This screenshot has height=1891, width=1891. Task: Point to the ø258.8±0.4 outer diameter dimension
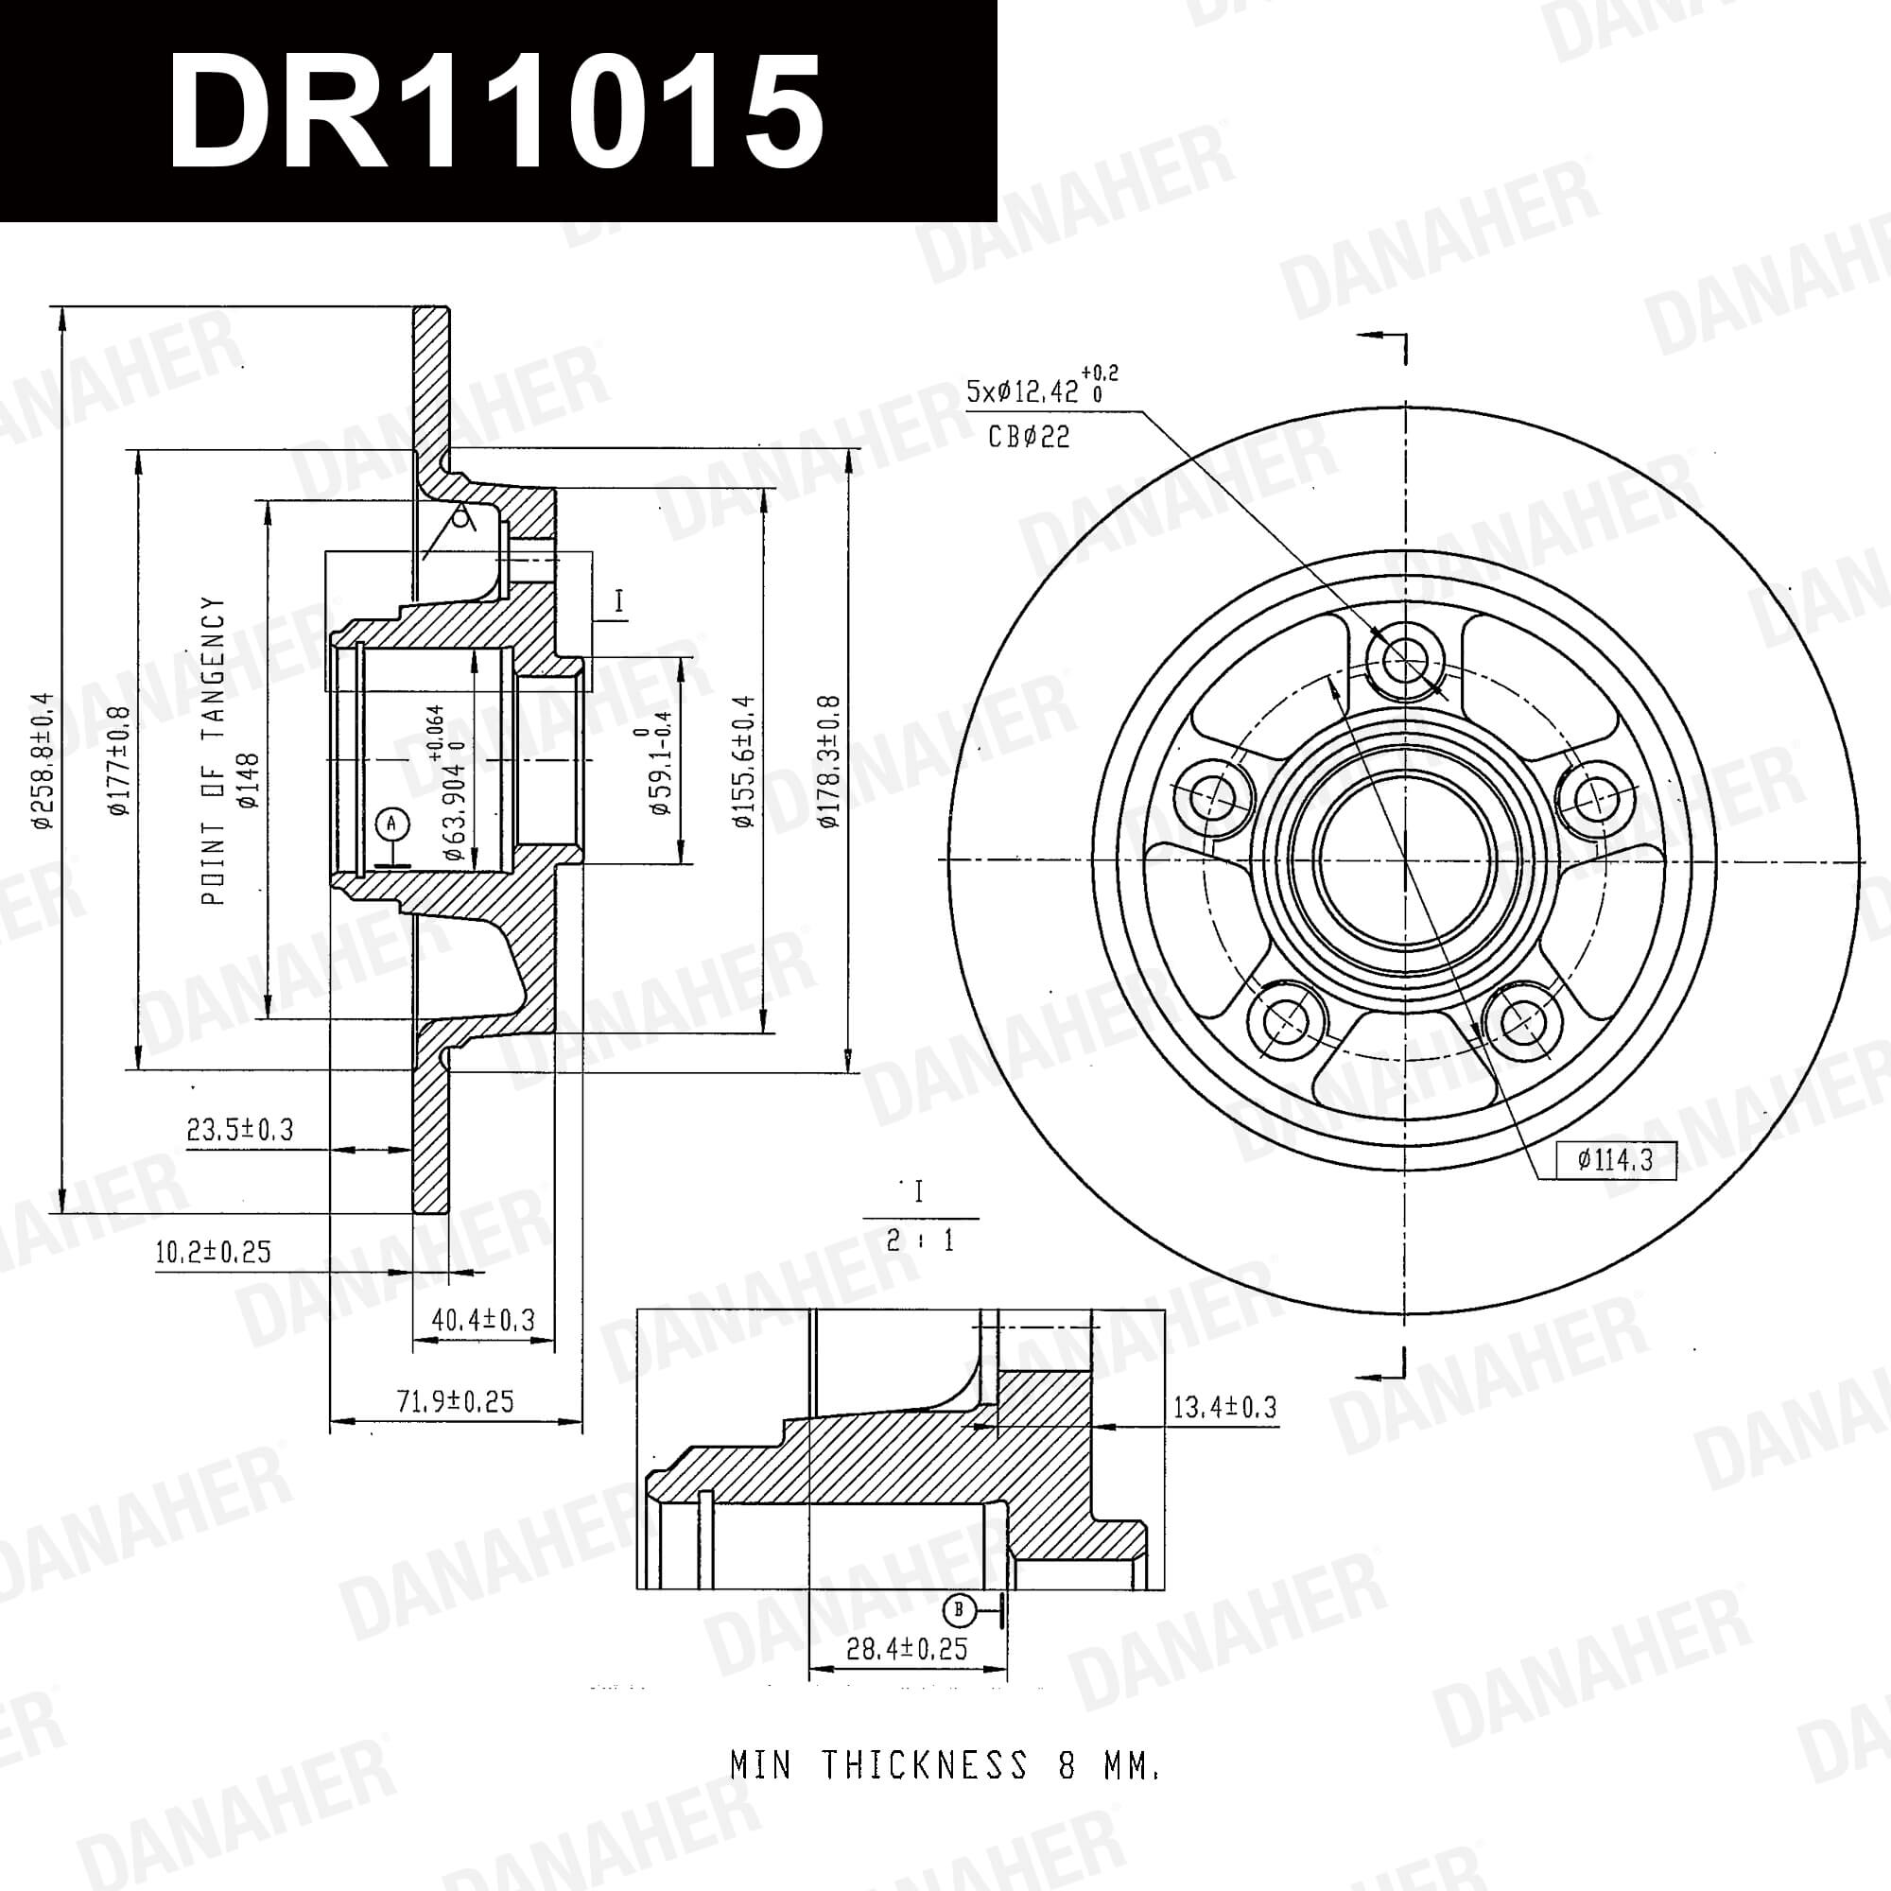pos(41,761)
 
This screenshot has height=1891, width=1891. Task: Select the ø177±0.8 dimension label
pos(119,760)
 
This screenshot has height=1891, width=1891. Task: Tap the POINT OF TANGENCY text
pos(213,751)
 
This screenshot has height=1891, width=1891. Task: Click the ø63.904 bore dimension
pos(445,783)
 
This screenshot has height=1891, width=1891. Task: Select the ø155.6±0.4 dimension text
pos(745,762)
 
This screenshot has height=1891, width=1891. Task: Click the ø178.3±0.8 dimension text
pos(830,762)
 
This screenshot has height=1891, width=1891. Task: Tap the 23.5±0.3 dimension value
pos(240,1130)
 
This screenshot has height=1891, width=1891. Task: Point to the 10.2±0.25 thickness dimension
pos(213,1252)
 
